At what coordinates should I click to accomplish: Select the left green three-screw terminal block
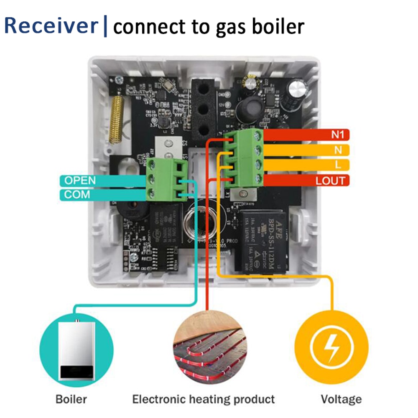click(x=166, y=178)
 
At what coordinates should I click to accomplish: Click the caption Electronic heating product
click(x=203, y=399)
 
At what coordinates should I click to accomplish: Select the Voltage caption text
click(x=341, y=399)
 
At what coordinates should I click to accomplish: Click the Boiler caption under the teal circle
click(x=71, y=399)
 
